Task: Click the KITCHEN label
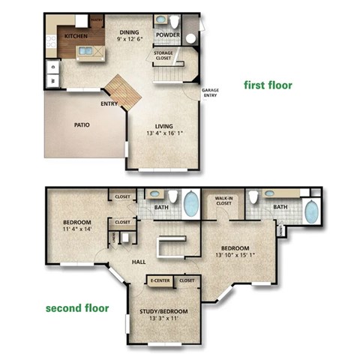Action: click(x=76, y=35)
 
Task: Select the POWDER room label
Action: click(x=167, y=34)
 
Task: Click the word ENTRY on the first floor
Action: click(x=109, y=103)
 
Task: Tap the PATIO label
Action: click(x=82, y=124)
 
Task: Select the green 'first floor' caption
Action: click(x=268, y=85)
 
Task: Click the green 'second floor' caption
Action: click(x=77, y=307)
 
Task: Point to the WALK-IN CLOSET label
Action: click(x=223, y=200)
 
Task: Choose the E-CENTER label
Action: click(x=159, y=280)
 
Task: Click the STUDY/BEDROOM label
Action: click(x=163, y=310)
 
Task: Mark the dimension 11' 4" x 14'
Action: click(x=76, y=230)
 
